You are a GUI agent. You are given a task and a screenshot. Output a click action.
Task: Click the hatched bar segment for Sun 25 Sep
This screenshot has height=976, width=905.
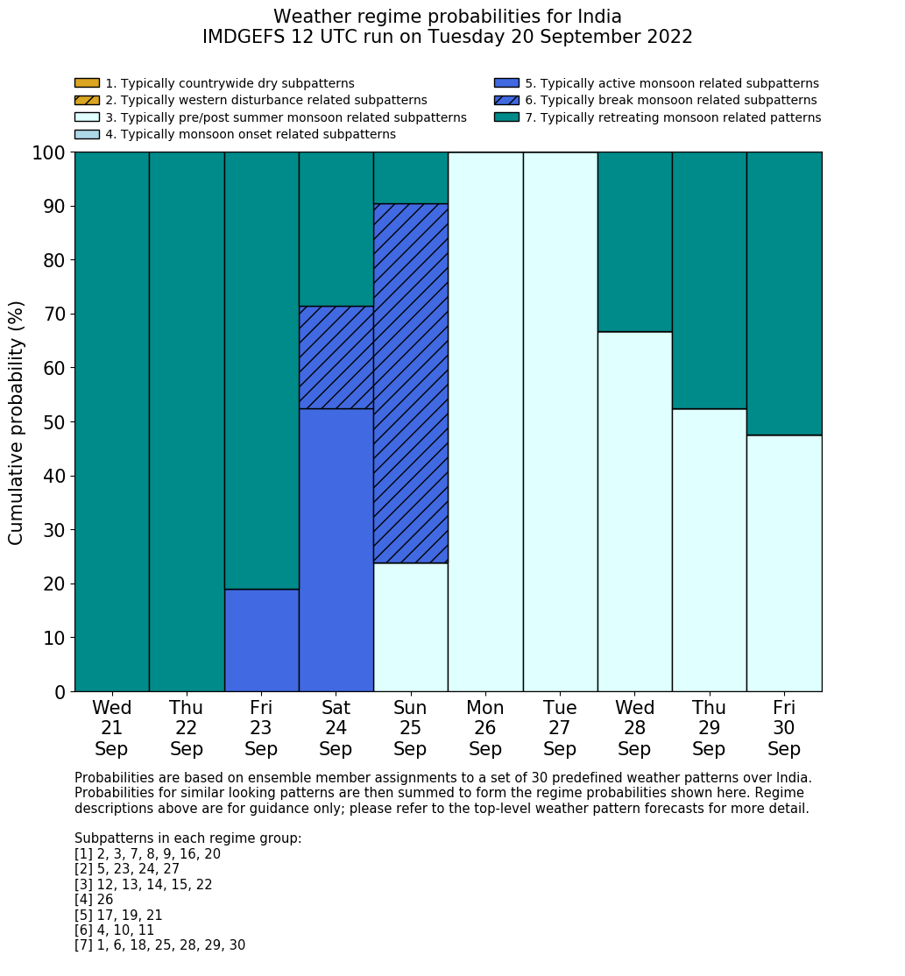coord(411,383)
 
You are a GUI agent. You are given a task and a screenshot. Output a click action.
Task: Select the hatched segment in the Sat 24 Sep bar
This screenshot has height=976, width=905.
coord(336,357)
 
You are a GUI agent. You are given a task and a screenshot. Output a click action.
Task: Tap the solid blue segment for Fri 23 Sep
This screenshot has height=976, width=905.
coord(261,640)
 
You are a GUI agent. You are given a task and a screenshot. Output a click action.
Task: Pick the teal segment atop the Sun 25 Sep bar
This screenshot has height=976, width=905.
coord(411,178)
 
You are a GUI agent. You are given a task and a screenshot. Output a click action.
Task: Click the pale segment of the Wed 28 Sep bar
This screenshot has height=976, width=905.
coord(634,511)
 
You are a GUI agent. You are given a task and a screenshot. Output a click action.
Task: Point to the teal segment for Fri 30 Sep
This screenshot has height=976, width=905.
coord(784,294)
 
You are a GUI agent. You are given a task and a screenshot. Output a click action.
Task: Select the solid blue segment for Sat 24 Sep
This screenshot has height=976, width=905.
coord(336,549)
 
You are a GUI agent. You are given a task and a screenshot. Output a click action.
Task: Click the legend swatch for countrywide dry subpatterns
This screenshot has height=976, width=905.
coord(87,83)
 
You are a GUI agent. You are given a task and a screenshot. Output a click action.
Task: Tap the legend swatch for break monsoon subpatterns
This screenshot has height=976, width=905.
coord(506,101)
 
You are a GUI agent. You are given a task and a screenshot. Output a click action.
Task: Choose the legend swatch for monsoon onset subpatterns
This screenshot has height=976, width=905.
coord(87,134)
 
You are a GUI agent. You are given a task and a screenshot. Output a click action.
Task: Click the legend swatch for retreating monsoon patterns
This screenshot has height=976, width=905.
coord(506,117)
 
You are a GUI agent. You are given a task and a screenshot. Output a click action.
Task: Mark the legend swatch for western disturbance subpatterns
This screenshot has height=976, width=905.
coord(87,101)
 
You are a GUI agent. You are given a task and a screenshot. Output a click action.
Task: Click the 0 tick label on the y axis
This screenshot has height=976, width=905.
coord(60,692)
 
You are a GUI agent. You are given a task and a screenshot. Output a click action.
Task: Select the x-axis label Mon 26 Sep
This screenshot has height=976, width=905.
coord(485,728)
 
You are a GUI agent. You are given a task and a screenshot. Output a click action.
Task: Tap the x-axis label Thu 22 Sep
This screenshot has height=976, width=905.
coord(187,728)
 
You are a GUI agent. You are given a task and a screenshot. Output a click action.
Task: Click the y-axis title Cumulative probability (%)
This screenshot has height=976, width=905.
coord(17,422)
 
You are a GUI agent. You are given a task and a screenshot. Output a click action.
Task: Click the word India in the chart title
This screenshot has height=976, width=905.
coord(598,17)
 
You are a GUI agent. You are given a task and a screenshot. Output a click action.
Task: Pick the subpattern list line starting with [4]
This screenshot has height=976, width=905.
coord(94,900)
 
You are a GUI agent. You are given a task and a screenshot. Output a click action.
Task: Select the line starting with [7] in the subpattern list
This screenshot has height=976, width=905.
coord(159,945)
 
